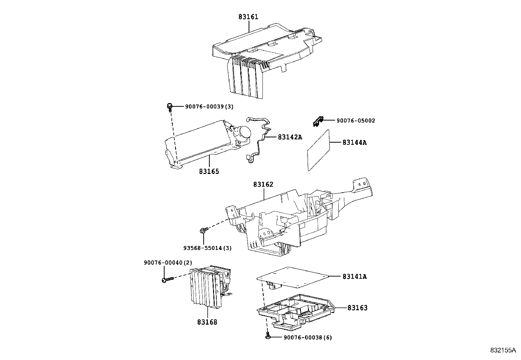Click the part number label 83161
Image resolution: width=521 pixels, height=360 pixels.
tap(248, 17)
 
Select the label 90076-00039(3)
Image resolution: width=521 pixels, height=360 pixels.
tap(209, 106)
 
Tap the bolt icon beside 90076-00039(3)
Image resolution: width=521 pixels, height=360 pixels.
tap(170, 106)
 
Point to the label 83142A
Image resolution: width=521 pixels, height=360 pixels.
tap(290, 137)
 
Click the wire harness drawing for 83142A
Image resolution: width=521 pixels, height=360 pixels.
tap(262, 138)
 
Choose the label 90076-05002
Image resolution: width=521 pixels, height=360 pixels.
tap(356, 121)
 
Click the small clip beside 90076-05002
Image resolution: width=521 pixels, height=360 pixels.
tap(317, 121)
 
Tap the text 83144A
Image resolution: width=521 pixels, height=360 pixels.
tap(354, 142)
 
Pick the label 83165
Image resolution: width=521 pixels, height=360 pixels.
tap(208, 171)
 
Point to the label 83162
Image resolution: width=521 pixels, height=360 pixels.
tap(263, 185)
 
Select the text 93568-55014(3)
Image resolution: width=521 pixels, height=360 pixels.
tap(207, 248)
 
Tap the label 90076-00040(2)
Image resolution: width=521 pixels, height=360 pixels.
tap(168, 263)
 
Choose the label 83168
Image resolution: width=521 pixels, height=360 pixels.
tap(207, 322)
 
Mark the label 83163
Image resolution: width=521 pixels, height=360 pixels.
tap(357, 308)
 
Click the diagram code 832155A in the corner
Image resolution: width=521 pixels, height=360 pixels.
tap(503, 351)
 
